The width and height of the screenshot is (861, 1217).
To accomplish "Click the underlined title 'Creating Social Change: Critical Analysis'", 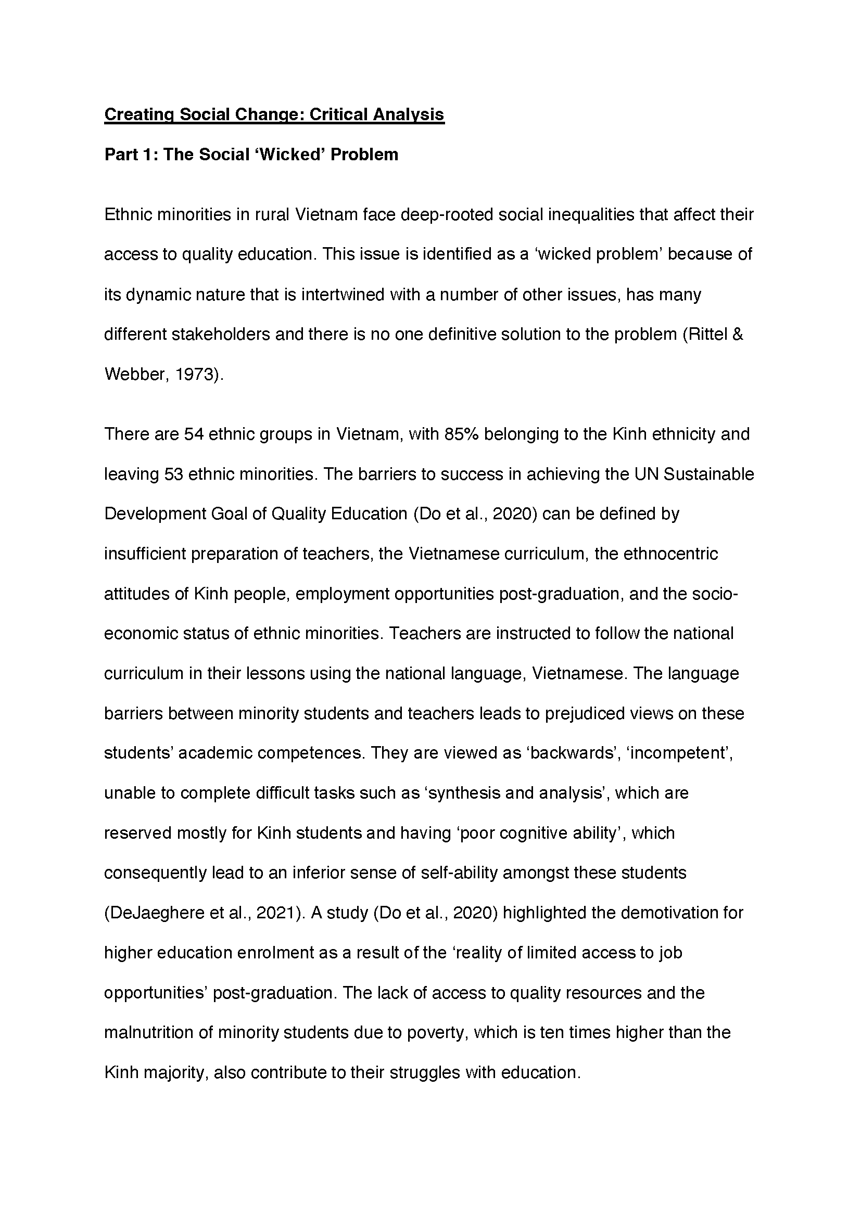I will (274, 114).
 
